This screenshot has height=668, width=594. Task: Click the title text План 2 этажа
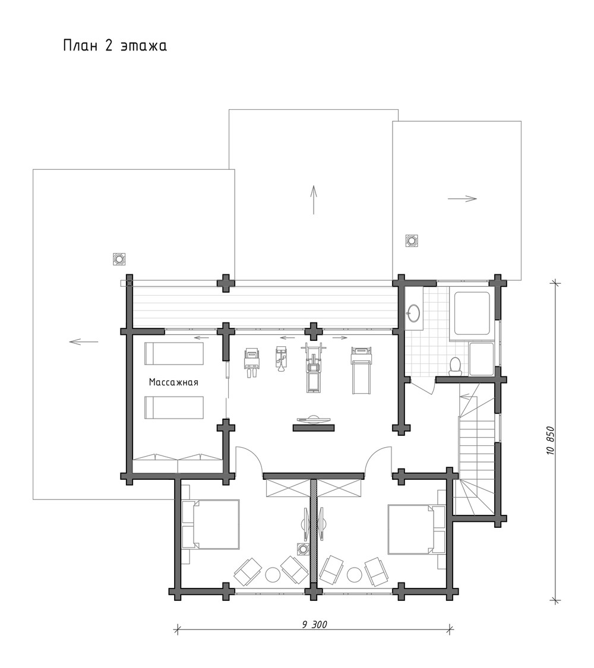pyautogui.click(x=115, y=46)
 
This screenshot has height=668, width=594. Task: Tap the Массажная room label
pyautogui.click(x=173, y=382)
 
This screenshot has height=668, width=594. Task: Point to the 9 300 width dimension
pyautogui.click(x=314, y=625)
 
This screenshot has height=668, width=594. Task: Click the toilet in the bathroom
pyautogui.click(x=456, y=366)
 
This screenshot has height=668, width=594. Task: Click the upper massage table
pyautogui.click(x=174, y=354)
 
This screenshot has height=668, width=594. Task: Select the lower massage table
pyautogui.click(x=174, y=408)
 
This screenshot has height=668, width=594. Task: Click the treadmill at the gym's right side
pyautogui.click(x=361, y=370)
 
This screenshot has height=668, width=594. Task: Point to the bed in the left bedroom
pyautogui.click(x=210, y=524)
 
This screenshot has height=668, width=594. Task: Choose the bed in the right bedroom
pyautogui.click(x=416, y=530)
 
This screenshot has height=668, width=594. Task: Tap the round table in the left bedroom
pyautogui.click(x=273, y=574)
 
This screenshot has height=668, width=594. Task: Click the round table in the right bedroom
pyautogui.click(x=354, y=574)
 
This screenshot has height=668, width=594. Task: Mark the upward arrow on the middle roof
pyautogui.click(x=314, y=200)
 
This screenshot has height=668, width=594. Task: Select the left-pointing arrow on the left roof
pyautogui.click(x=84, y=341)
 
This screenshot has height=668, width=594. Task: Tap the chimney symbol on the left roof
pyautogui.click(x=119, y=259)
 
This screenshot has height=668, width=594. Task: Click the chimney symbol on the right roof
pyautogui.click(x=412, y=240)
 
